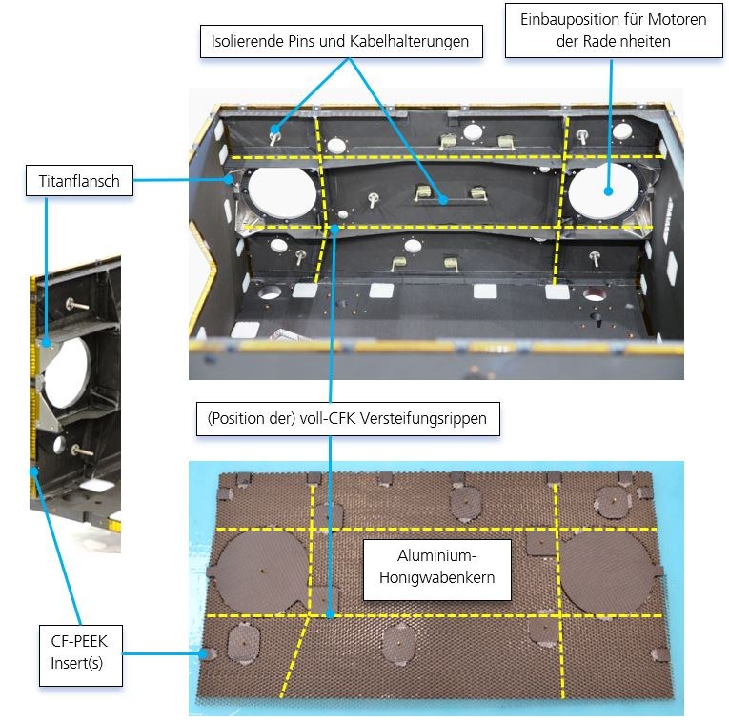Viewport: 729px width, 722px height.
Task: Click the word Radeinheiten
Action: tap(627, 43)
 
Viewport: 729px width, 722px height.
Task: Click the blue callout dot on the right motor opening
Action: tap(607, 191)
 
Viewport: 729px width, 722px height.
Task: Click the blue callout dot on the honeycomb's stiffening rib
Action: tap(330, 615)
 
